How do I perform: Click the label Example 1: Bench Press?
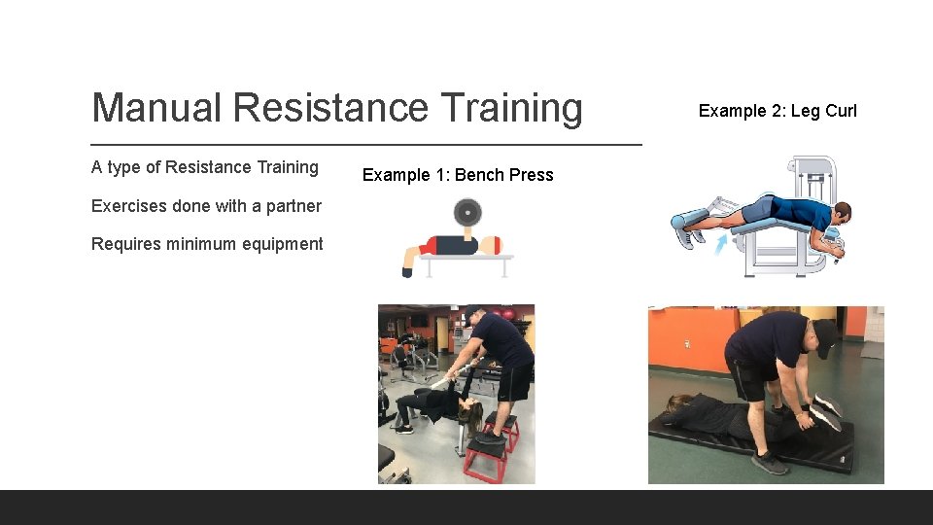[458, 175]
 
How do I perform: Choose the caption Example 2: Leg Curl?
[777, 111]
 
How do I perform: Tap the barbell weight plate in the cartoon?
[467, 211]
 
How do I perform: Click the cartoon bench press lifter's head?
[491, 245]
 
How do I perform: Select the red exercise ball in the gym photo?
[479, 320]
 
